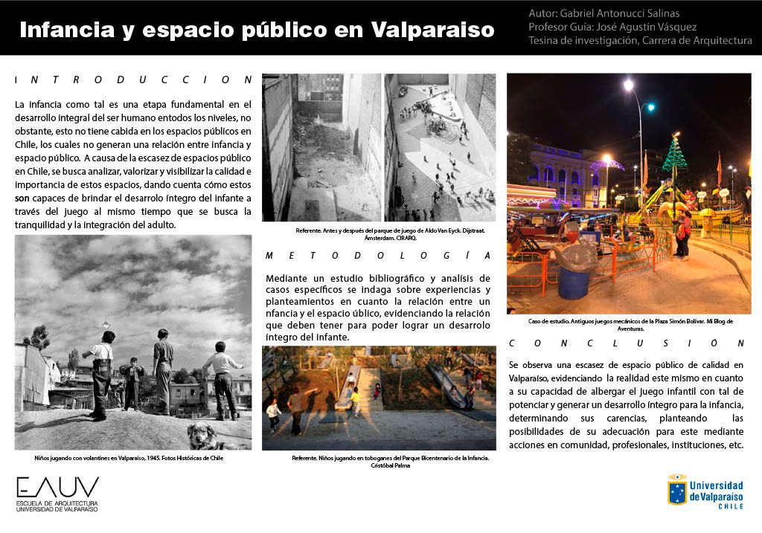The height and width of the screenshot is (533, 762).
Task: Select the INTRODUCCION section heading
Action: coord(134,79)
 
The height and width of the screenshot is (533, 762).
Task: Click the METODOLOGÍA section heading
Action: coord(378,255)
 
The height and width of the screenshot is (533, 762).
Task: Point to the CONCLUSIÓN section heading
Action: coord(626,343)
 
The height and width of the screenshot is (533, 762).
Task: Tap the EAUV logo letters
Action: coord(57,488)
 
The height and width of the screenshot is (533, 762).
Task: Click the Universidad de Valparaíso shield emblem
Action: coord(676,490)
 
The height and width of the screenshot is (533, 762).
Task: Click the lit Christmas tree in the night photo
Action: coord(674,158)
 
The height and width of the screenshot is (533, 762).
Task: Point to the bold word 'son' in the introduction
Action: coord(22,198)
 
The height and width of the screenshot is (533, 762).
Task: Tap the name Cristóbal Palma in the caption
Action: coord(380,466)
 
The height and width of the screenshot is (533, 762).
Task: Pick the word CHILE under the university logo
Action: coord(730,506)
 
